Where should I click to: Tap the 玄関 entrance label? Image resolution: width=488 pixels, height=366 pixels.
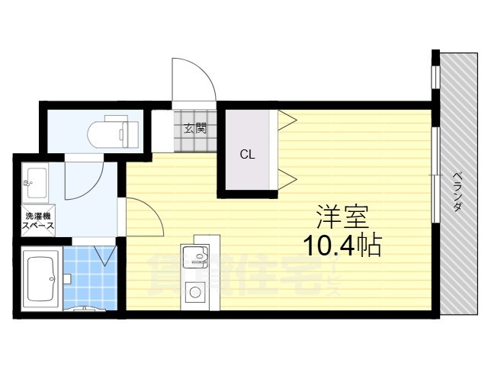(x=194, y=128)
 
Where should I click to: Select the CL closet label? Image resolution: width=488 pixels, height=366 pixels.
(x=247, y=155)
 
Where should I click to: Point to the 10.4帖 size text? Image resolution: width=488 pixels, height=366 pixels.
(x=342, y=246)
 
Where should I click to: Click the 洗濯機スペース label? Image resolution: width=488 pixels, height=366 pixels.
(x=37, y=221)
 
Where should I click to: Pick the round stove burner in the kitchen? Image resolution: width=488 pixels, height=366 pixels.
(x=194, y=291)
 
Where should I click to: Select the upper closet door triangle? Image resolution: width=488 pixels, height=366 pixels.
(x=286, y=118)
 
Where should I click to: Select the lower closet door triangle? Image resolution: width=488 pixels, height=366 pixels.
(x=286, y=180)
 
